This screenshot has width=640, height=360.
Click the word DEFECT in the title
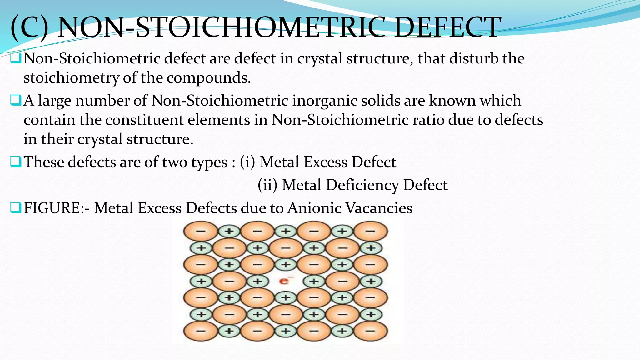point(447,27)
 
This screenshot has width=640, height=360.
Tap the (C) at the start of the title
point(29,27)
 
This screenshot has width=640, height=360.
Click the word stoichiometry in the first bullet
point(71,77)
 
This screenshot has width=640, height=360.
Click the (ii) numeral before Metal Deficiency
point(267,185)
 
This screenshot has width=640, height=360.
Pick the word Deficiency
point(362,185)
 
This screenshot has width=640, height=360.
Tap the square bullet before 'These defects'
point(16,162)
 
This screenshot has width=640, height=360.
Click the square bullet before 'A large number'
point(16,100)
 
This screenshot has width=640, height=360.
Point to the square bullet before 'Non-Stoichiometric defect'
point(16,58)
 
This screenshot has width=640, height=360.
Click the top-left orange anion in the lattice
point(200,232)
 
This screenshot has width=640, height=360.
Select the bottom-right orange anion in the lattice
point(370,331)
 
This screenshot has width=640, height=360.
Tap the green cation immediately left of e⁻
point(257,281)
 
